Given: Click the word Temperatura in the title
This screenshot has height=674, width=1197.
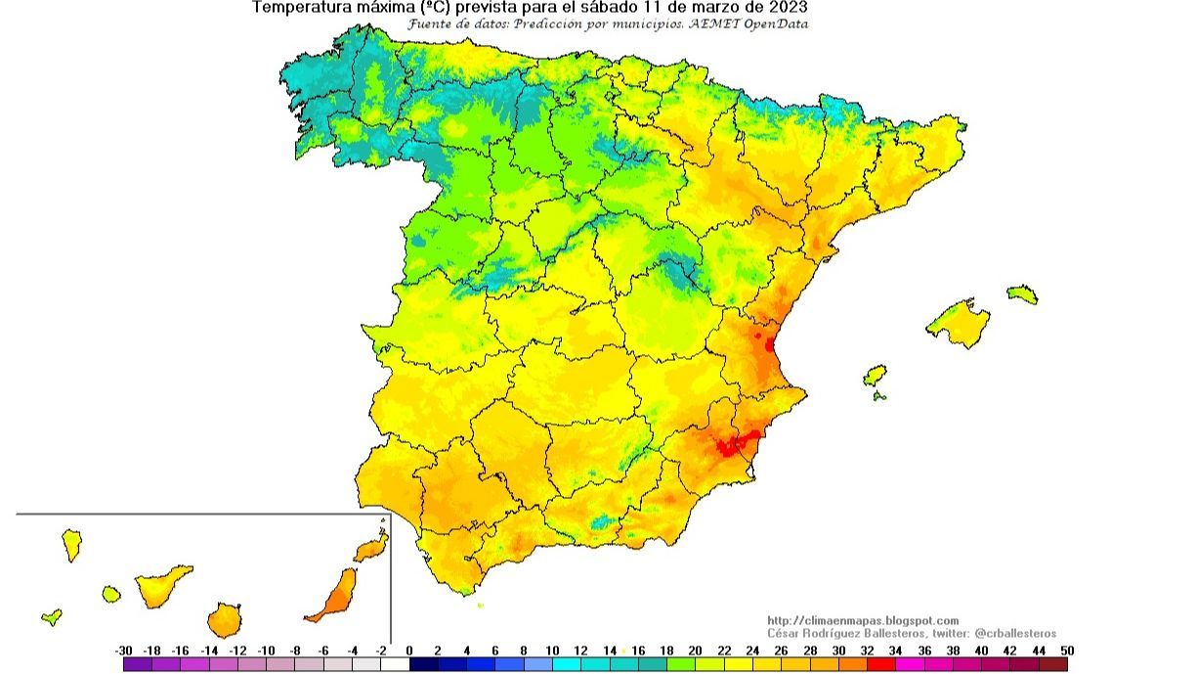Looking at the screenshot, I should click(299, 7).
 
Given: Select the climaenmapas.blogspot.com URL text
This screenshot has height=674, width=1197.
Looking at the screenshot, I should click(863, 621).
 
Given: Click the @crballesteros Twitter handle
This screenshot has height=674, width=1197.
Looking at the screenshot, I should click(1015, 634).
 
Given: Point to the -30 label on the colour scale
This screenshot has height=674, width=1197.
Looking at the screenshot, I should click(123, 651).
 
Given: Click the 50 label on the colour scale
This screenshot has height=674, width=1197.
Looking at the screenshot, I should click(1067, 651).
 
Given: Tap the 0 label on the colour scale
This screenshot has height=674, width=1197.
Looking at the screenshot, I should click(408, 651).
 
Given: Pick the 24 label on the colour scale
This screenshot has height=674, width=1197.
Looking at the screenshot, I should click(751, 651).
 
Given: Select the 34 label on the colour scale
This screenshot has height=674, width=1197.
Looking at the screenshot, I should click(895, 651).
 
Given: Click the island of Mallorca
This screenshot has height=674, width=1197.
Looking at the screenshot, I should click(960, 324).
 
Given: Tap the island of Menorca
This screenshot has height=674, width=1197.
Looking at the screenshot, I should click(1022, 294).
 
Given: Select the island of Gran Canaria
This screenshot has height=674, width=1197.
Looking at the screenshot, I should click(224, 619).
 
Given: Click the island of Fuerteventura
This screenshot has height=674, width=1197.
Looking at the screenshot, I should click(334, 595).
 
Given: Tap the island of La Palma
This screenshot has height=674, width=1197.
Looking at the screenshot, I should click(71, 545).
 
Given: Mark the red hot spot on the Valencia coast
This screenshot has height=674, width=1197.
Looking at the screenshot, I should click(769, 343).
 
